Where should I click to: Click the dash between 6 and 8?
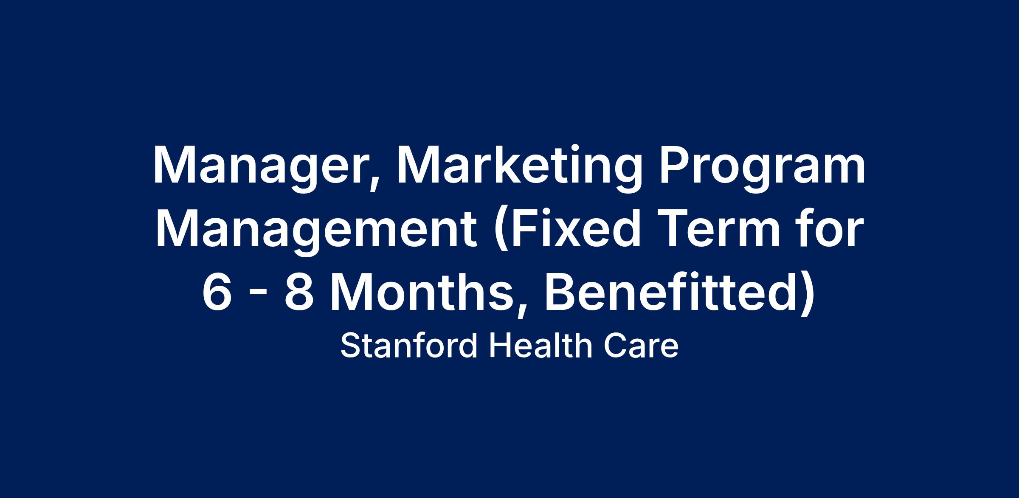[258, 295]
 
